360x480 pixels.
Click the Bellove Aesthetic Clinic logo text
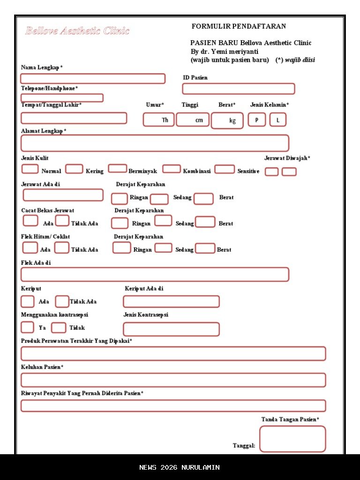coord(77,31)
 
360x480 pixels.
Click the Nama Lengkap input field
coord(93,79)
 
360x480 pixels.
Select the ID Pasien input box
coord(238,89)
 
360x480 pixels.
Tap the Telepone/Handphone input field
coord(62,98)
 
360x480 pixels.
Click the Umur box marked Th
coord(158,120)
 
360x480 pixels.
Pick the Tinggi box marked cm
coord(192,120)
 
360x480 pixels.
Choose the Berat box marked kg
coord(227,120)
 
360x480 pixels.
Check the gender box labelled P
coord(256,120)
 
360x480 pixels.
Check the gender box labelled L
coord(277,120)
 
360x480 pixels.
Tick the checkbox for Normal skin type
coord(30,169)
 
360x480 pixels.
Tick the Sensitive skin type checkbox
coord(225,169)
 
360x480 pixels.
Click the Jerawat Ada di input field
coord(63,195)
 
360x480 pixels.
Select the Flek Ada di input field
coord(155,275)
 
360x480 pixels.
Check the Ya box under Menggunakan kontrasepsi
coord(28,327)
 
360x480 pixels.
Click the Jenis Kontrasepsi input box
coord(171,329)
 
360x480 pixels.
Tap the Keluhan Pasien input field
coord(173,380)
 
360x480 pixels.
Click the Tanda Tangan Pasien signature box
coord(292,439)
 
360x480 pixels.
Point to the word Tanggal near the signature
coord(244,446)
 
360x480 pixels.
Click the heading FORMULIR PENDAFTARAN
coord(239,26)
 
